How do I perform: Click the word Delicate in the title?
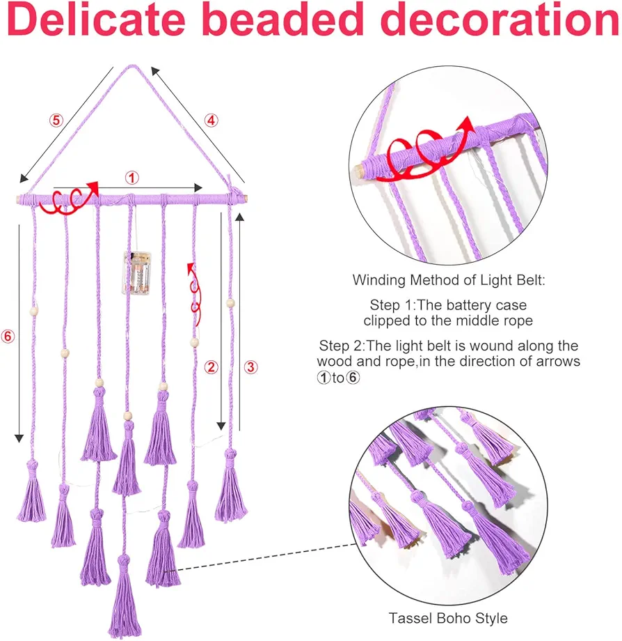pyautogui.click(x=96, y=20)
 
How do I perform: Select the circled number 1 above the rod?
pyautogui.click(x=131, y=178)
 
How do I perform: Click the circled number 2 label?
pyautogui.click(x=211, y=366)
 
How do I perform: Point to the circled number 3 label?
pyautogui.click(x=250, y=366)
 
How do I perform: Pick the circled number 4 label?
pyautogui.click(x=211, y=121)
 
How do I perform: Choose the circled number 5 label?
pyautogui.click(x=56, y=121)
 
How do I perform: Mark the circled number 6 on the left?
pyautogui.click(x=8, y=336)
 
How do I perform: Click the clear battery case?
pyautogui.click(x=137, y=272)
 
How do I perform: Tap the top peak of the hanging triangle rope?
pyautogui.click(x=131, y=66)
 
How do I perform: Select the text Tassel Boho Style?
pyautogui.click(x=448, y=618)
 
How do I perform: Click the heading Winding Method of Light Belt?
pyautogui.click(x=449, y=280)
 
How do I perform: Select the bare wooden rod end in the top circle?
pyautogui.click(x=359, y=171)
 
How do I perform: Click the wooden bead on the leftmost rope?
pyautogui.click(x=33, y=311)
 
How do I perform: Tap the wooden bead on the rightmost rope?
pyautogui.click(x=230, y=303)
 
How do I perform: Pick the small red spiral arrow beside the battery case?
pyautogui.click(x=195, y=294)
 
